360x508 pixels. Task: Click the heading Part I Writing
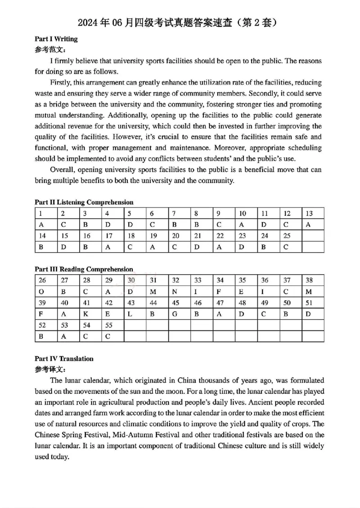(56, 39)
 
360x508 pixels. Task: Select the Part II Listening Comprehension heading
(84, 202)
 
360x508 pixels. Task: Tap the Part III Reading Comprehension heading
(84, 269)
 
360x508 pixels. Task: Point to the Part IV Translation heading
(64, 359)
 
